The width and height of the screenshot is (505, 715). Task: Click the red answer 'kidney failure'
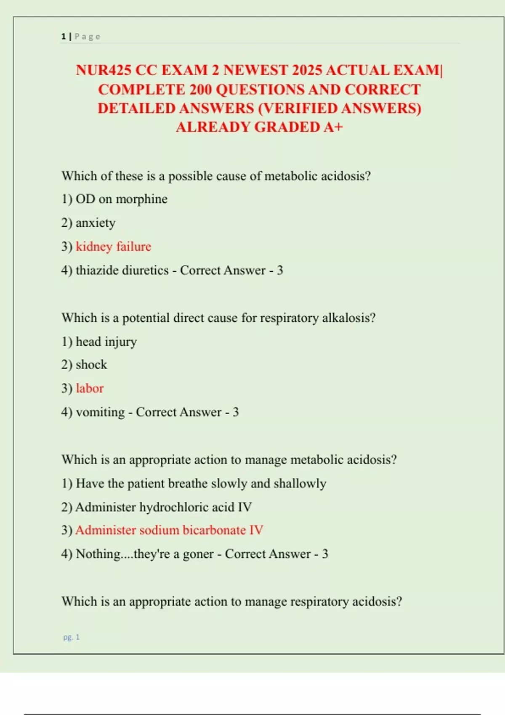point(113,246)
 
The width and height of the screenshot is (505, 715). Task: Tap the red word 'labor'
point(90,388)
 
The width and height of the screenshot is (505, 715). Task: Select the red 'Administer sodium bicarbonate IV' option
point(169,530)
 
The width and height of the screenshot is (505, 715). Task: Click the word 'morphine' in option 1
point(141,199)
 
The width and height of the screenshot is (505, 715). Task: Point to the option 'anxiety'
point(95,223)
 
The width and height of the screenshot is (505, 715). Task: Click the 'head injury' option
point(106,342)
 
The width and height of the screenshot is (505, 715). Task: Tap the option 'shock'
point(91,365)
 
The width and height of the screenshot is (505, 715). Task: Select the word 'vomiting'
point(100,412)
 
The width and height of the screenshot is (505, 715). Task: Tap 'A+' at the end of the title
point(333,127)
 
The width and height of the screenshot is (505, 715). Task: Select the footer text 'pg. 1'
point(72,637)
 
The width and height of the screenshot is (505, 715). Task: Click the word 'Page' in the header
point(88,37)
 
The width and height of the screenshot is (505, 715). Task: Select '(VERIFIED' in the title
point(298,109)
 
